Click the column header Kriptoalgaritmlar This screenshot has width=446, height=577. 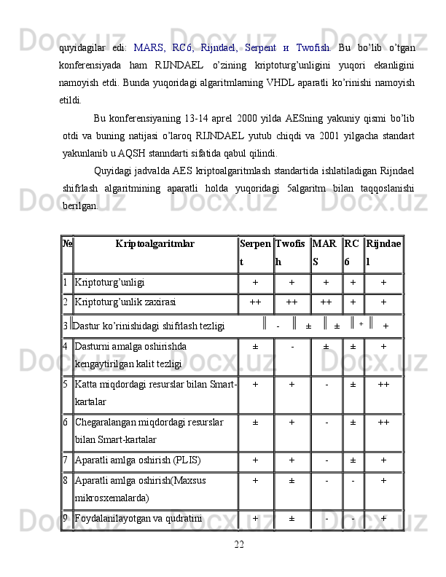154,244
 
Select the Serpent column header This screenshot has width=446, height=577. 255,252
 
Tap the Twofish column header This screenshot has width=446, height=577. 291,252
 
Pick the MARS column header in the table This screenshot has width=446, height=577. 324,252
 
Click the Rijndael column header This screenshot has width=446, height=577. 383,252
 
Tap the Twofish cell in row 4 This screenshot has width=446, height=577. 292,347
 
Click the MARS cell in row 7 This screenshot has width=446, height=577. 326,460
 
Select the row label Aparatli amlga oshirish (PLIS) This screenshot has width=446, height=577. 133,460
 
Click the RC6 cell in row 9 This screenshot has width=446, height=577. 353,519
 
